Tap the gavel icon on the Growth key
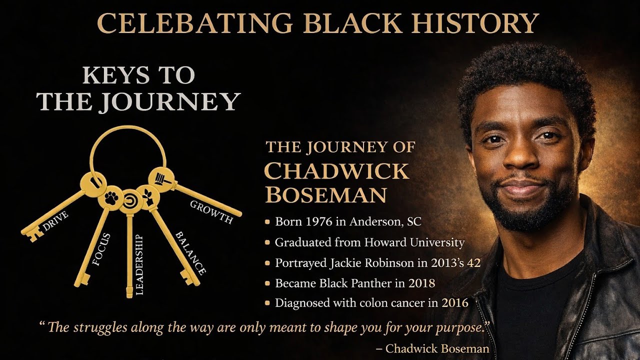161,177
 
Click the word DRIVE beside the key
55,220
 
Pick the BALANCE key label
189,252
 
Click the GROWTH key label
211,212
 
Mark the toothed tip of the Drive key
31,233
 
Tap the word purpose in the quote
457,328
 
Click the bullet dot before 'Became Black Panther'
268,283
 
